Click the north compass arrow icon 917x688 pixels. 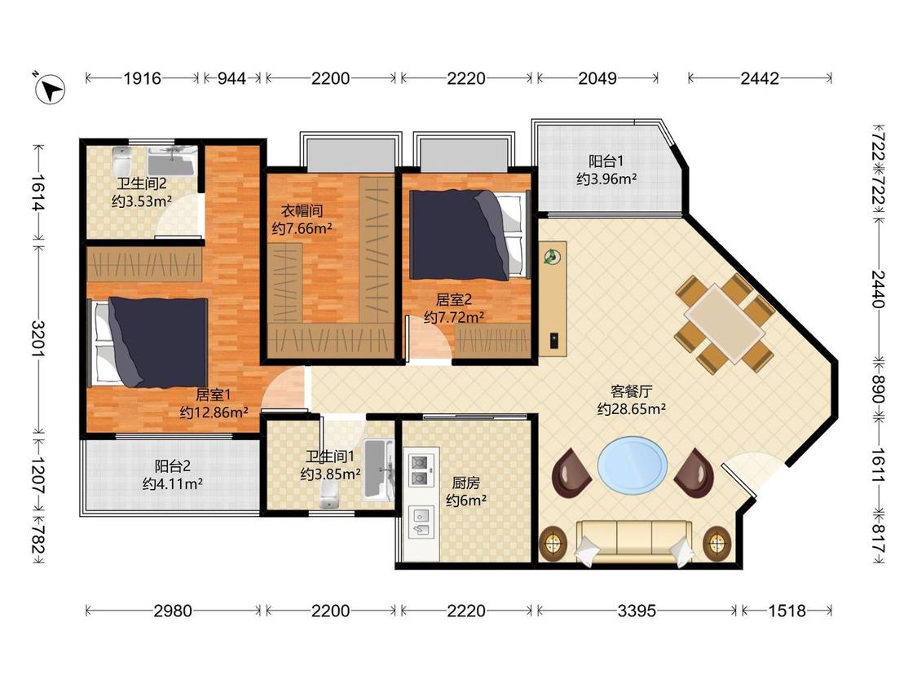point(49,89)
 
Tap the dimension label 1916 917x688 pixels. point(142,78)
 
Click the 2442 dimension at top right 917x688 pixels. point(760,78)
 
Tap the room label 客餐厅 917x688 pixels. point(631,391)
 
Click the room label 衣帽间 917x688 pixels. point(302,210)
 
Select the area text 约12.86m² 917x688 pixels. point(214,412)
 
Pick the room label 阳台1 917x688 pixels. point(606,161)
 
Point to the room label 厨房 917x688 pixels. point(466,483)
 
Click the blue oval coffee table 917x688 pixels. point(633,466)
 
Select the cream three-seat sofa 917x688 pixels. point(634,543)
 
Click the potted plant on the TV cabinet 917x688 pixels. point(552,256)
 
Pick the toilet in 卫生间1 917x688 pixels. point(330,498)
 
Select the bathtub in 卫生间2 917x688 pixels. point(170,160)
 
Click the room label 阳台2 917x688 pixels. point(173,466)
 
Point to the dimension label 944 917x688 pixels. point(231,78)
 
